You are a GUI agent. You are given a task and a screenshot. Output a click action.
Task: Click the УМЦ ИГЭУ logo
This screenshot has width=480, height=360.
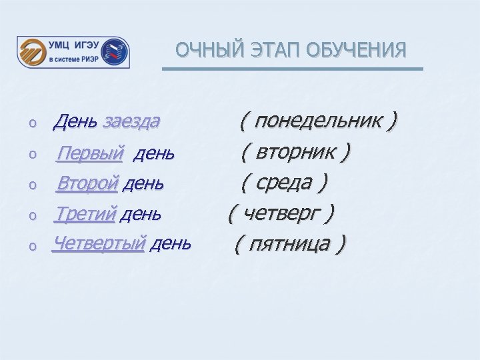[73, 52]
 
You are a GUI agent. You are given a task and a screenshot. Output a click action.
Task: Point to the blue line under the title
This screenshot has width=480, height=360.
[293, 69]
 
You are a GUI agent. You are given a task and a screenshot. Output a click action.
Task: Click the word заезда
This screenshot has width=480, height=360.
[131, 121]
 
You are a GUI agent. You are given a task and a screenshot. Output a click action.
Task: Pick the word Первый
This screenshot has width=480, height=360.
[90, 154]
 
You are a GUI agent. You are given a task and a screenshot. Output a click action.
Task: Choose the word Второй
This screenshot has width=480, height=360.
[87, 182]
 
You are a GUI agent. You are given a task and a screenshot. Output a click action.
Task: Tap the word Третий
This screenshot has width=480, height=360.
[85, 214]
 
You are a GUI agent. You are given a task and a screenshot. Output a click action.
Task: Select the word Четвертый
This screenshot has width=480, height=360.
[99, 243]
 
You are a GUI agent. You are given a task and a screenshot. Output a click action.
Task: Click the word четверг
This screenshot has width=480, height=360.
[281, 213]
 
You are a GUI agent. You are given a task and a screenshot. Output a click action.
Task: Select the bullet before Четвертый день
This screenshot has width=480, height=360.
[31, 246]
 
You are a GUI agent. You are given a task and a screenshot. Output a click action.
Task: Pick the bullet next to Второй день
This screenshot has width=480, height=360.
[31, 185]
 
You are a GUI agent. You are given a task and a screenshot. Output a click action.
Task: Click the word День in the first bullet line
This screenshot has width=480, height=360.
[76, 121]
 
